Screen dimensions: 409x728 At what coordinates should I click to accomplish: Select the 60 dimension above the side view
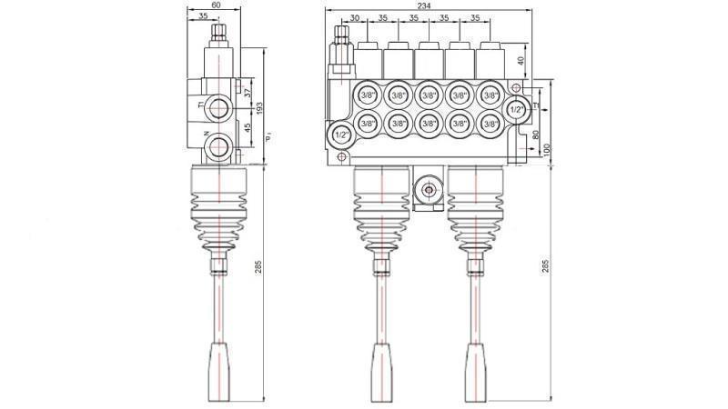tap(215, 5)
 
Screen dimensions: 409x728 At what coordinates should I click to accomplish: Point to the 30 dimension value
tap(354, 17)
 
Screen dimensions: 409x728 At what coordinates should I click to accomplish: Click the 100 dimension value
tap(546, 149)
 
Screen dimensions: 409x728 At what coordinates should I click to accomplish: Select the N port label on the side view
tap(207, 135)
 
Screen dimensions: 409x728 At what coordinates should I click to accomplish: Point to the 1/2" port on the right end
tap(516, 109)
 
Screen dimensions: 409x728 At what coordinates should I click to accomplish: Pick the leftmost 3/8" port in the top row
tap(368, 95)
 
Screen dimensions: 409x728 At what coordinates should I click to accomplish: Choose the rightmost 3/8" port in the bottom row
tap(490, 124)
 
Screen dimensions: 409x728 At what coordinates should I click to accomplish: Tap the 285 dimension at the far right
tap(546, 266)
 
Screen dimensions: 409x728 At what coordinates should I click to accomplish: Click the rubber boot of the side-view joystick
tap(219, 209)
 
